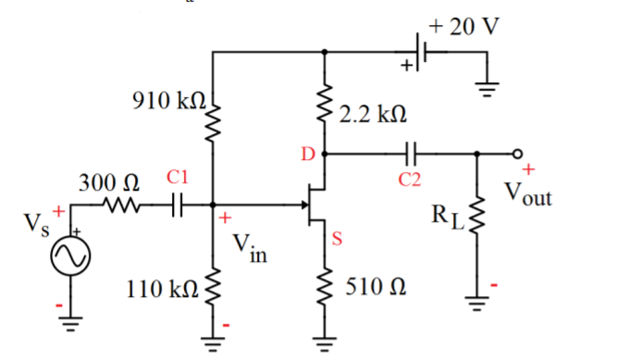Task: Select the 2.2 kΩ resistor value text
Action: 372,114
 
